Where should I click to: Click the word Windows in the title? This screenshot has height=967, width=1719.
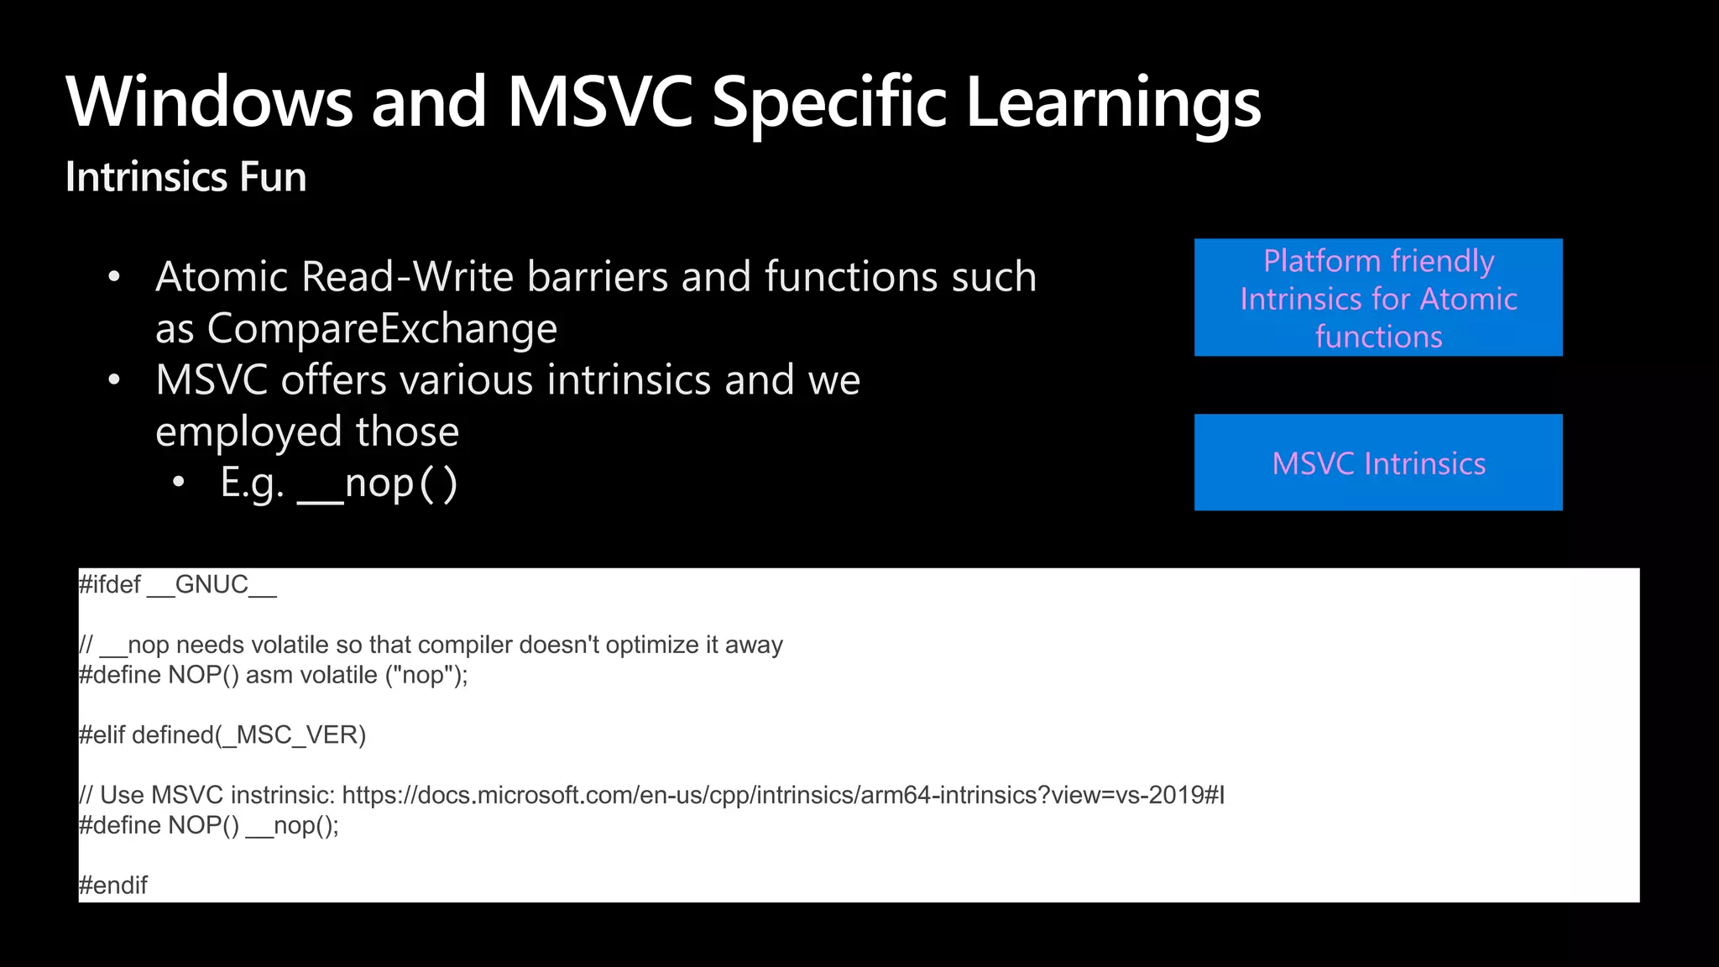(x=209, y=102)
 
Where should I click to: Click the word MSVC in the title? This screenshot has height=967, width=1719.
(x=600, y=102)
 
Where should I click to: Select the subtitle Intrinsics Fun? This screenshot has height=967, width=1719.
(x=185, y=177)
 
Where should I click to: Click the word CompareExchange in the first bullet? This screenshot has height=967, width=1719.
(x=382, y=328)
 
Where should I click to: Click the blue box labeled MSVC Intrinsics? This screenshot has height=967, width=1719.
(x=1378, y=463)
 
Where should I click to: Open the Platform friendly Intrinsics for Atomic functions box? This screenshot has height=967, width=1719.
(x=1378, y=298)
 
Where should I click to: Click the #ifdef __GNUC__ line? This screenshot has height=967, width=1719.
(x=177, y=584)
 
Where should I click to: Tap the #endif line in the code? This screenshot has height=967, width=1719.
(x=113, y=886)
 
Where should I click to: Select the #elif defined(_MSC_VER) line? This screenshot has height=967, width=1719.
(x=222, y=735)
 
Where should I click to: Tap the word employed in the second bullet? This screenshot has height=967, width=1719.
(x=249, y=432)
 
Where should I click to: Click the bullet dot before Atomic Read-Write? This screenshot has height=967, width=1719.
(x=115, y=277)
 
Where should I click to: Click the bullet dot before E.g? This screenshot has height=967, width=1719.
(x=178, y=483)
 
